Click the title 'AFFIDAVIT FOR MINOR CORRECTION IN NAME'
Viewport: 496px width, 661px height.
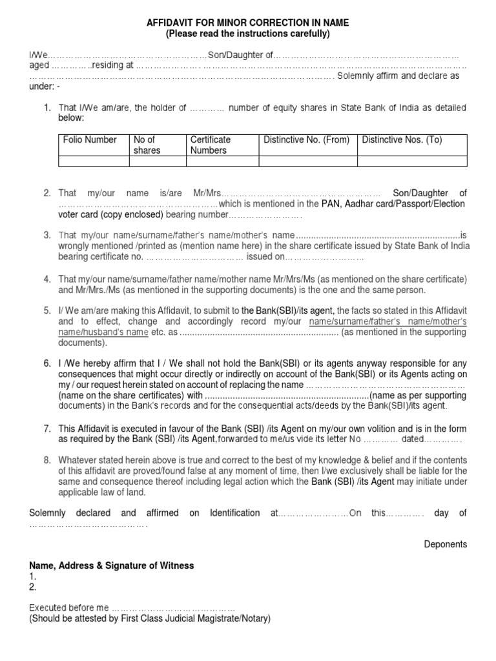click(x=248, y=23)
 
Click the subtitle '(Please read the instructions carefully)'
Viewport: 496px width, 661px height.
click(x=248, y=34)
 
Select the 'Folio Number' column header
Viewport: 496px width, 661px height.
click(x=90, y=139)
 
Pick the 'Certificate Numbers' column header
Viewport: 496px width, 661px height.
click(x=210, y=145)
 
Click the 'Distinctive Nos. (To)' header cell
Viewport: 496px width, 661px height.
click(x=402, y=139)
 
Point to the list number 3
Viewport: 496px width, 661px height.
click(x=47, y=235)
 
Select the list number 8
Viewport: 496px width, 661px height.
click(x=47, y=460)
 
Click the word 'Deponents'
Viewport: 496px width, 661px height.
click(x=445, y=544)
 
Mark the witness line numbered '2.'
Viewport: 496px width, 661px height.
click(x=33, y=587)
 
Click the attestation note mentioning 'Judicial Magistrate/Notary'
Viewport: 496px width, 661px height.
click(x=150, y=618)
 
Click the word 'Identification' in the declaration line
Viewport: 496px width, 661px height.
click(x=234, y=513)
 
